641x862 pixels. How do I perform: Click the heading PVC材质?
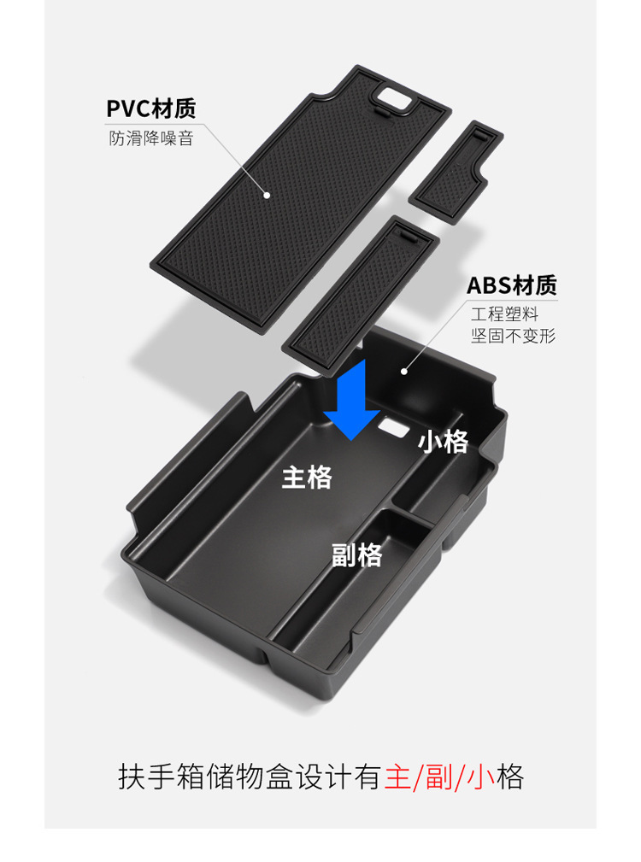click(x=151, y=109)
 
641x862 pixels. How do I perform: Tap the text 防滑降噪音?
click(x=151, y=138)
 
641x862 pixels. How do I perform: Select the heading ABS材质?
click(x=511, y=285)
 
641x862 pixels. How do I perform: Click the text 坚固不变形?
click(x=513, y=336)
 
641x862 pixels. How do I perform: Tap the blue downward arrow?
click(x=351, y=400)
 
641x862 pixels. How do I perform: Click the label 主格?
click(x=307, y=478)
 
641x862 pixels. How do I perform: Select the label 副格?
click(x=356, y=555)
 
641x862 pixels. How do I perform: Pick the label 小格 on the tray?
click(x=443, y=442)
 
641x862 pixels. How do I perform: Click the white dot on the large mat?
click(x=267, y=195)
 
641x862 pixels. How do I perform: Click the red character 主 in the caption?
click(x=397, y=777)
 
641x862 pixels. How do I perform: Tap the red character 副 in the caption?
click(x=441, y=777)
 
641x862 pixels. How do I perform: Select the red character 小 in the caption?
click(x=484, y=777)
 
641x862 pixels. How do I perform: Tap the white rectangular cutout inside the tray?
click(x=393, y=425)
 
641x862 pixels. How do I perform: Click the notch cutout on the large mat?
click(x=394, y=97)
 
